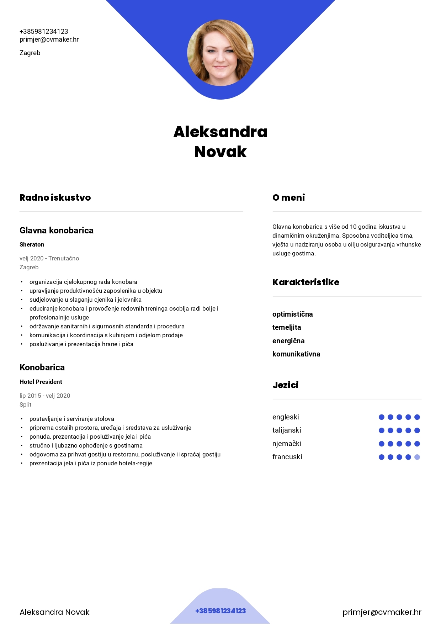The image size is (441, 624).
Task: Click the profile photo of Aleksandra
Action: pyautogui.click(x=220, y=53)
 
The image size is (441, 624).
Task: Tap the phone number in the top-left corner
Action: pyautogui.click(x=44, y=31)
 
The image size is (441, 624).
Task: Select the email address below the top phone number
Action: pyautogui.click(x=49, y=39)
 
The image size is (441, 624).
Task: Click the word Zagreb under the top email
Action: pyautogui.click(x=30, y=53)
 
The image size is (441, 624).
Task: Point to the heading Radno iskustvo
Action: pyautogui.click(x=55, y=197)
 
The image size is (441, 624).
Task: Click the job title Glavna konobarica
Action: pyautogui.click(x=57, y=230)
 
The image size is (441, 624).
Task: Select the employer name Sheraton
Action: pyautogui.click(x=32, y=244)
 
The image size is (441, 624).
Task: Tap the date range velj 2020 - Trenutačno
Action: pyautogui.click(x=49, y=258)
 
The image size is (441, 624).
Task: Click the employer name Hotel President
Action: pyautogui.click(x=41, y=382)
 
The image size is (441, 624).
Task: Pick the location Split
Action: pyautogui.click(x=26, y=404)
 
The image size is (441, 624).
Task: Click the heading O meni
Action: pyautogui.click(x=288, y=197)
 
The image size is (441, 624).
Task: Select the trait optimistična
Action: pyautogui.click(x=293, y=314)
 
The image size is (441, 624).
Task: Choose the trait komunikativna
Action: pyautogui.click(x=296, y=354)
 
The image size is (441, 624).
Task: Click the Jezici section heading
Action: pyautogui.click(x=285, y=385)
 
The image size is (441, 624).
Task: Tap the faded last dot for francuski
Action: pyautogui.click(x=417, y=457)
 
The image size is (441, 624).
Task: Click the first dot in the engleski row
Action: pyautogui.click(x=382, y=417)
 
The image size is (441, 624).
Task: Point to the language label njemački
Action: pyautogui.click(x=287, y=444)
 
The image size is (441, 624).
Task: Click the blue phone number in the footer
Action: pyautogui.click(x=220, y=611)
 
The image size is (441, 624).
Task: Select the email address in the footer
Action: pyautogui.click(x=382, y=612)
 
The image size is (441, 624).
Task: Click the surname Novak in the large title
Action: pyautogui.click(x=220, y=152)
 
